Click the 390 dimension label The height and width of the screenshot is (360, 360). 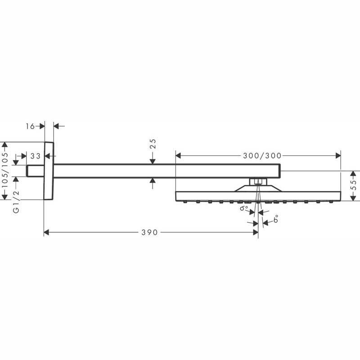(149, 232)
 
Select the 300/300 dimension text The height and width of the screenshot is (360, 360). (262, 156)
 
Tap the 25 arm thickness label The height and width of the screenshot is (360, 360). (153, 144)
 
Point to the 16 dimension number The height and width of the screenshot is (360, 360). (30, 126)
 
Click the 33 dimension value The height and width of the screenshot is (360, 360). (36, 156)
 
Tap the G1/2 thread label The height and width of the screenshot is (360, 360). (16, 202)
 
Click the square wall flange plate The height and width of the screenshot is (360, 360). (49, 171)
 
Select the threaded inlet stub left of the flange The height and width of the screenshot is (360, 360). (35, 171)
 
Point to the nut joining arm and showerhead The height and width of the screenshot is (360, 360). (258, 182)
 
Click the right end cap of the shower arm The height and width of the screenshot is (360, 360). (279, 171)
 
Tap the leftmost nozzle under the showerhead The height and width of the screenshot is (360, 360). (185, 202)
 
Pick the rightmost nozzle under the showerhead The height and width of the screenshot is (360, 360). (331, 202)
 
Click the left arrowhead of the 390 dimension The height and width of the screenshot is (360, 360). (46, 232)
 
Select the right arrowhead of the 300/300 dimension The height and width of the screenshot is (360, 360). (338, 156)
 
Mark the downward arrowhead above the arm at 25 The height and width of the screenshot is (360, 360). (153, 162)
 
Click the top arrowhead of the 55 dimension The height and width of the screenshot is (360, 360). (354, 174)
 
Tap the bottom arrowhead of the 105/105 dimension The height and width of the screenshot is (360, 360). (4, 197)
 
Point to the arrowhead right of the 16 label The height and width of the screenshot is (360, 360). (42, 126)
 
